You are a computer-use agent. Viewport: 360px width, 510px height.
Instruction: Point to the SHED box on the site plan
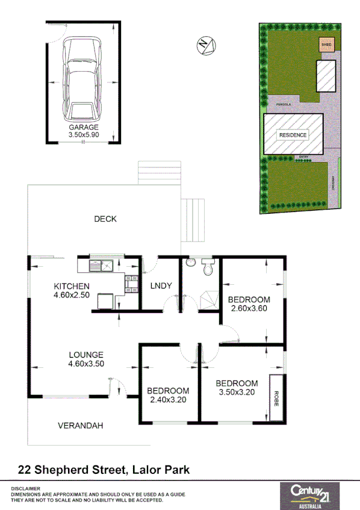(x=326, y=44)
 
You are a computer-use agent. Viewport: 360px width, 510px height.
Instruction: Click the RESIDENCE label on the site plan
(x=293, y=135)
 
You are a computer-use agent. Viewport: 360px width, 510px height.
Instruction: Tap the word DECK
(x=105, y=219)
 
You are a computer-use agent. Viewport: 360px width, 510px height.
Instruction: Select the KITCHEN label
(x=72, y=286)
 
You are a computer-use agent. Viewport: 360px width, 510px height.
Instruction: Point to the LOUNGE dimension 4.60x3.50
(x=86, y=364)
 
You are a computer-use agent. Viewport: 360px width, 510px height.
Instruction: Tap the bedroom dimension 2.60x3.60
(x=249, y=309)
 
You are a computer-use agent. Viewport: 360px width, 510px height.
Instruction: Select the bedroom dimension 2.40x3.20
(x=169, y=399)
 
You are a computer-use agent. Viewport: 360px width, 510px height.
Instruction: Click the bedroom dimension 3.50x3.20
(x=237, y=392)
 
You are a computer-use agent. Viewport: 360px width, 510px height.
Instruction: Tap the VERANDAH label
(x=81, y=425)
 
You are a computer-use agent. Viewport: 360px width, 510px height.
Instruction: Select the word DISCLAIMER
(x=25, y=488)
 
